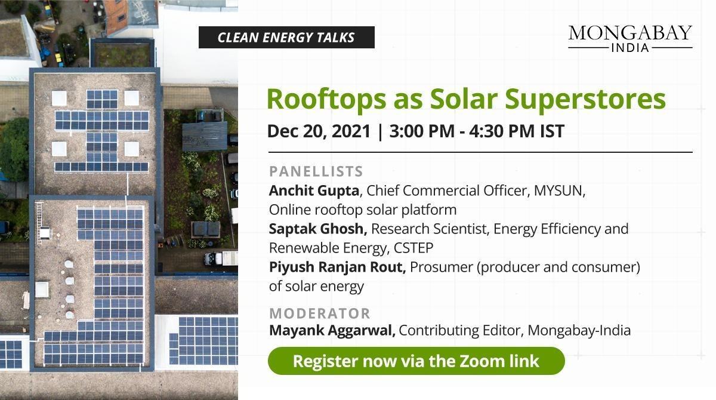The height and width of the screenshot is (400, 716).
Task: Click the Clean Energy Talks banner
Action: click(286, 38)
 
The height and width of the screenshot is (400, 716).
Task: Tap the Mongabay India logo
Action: click(630, 38)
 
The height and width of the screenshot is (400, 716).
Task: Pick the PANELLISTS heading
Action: click(316, 172)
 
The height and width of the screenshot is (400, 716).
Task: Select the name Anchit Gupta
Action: click(314, 191)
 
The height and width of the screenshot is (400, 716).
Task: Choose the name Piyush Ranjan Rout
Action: click(337, 267)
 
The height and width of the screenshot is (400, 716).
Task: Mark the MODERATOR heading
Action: click(319, 313)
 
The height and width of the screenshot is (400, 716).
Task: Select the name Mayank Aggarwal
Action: click(332, 330)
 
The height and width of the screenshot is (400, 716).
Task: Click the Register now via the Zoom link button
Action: click(416, 361)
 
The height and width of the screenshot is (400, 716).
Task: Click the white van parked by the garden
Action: click(221, 259)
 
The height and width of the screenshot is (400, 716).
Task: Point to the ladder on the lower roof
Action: click(39, 214)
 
